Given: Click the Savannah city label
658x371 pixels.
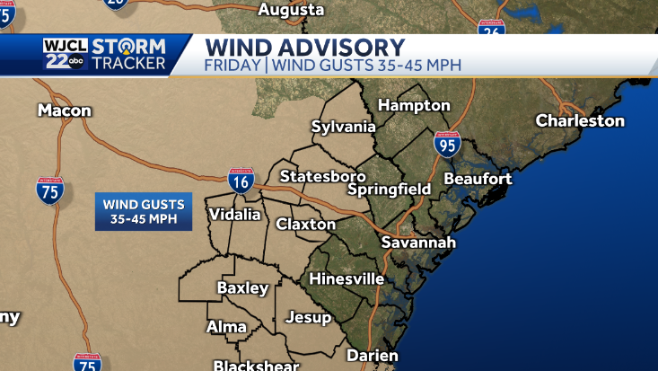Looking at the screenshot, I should tap(418, 243).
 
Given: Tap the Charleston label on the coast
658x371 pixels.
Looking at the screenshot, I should tap(580, 120).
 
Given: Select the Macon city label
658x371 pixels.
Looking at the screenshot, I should tap(65, 110).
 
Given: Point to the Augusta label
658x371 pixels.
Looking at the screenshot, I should tap(291, 10).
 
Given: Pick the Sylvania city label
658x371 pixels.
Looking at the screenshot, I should tap(343, 127).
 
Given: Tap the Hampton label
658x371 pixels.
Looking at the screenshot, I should tap(414, 105).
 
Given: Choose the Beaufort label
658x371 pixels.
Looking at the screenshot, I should tap(478, 179).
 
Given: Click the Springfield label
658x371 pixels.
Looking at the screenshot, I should tap(390, 190).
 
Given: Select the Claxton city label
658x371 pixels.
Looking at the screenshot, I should tap(306, 224).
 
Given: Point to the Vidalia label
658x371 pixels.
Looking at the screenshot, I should tap(234, 215).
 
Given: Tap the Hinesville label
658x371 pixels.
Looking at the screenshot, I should tap(347, 279).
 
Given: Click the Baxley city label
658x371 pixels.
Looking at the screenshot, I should tap(242, 288).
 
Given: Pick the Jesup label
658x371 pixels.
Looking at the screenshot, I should tap(308, 317).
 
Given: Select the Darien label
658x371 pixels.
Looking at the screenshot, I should tap(372, 356).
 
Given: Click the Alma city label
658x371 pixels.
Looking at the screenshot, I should tap(226, 327).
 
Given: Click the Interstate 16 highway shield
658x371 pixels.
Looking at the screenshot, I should tap(241, 181).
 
